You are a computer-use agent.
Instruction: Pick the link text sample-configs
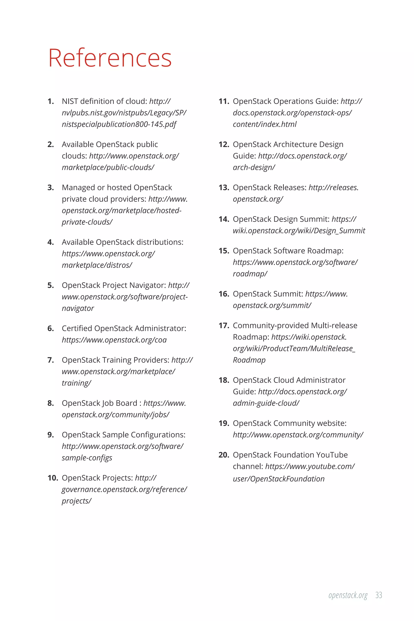point(87,458)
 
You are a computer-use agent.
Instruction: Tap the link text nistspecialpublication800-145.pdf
point(119,124)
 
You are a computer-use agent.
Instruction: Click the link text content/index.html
point(265,124)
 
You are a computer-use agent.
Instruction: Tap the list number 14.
point(224,219)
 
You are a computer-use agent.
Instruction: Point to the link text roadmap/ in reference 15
point(250,274)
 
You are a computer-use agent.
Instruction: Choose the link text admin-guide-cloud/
point(266,403)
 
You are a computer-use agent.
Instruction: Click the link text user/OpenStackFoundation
point(279,479)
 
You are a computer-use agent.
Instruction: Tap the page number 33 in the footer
point(379,595)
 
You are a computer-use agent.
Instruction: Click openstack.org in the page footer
point(348,595)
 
